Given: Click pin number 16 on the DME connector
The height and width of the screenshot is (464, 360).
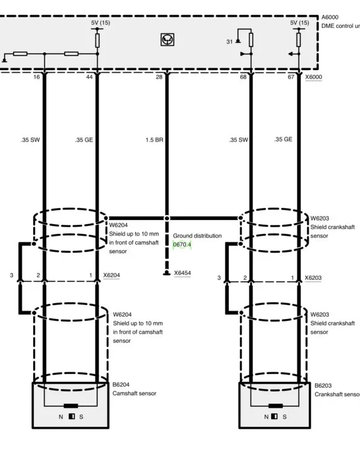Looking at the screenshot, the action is click(x=36, y=77).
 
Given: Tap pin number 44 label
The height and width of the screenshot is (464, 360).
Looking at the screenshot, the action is click(x=89, y=77).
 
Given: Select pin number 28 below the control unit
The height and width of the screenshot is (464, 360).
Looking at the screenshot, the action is click(x=159, y=77).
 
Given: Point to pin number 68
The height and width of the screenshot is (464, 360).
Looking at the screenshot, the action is click(x=243, y=77).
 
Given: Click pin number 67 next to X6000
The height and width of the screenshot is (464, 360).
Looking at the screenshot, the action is click(x=291, y=77).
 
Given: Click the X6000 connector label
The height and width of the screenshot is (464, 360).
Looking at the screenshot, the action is click(x=313, y=77).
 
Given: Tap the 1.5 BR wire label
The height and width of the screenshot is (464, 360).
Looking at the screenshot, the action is click(x=154, y=140).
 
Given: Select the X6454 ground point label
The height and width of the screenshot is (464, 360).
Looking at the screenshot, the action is click(x=182, y=273).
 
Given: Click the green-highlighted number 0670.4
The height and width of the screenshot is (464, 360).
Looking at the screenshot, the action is click(x=182, y=245).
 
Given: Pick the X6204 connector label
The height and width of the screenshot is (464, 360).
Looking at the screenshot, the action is click(x=112, y=275).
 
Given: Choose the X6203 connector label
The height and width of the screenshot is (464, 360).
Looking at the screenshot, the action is click(x=313, y=278).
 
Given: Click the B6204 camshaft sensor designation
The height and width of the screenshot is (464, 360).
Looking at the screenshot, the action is click(x=121, y=385).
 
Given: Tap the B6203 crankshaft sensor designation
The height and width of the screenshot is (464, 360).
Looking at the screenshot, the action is click(x=323, y=385).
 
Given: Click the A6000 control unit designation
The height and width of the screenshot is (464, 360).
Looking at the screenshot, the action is click(x=330, y=17).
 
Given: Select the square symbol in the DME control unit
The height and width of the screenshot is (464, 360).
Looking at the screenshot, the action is click(x=167, y=39).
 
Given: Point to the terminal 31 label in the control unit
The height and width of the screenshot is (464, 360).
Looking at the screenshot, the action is click(x=230, y=42).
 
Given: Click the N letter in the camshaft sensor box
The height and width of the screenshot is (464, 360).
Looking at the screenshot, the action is click(x=61, y=417).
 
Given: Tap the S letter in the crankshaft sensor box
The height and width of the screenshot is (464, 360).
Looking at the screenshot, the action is click(x=284, y=417).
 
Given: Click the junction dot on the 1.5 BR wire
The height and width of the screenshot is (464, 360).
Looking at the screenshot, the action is click(x=167, y=218).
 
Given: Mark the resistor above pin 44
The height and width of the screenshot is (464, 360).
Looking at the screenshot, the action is click(x=97, y=40).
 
